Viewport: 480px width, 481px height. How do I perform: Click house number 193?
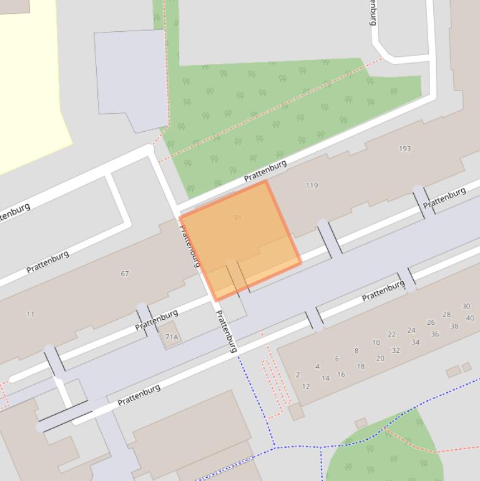[x=404, y=149]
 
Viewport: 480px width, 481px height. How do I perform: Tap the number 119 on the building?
[x=311, y=186]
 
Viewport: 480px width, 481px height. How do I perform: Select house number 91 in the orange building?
[x=237, y=217]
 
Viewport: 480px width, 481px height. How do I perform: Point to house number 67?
[x=125, y=274]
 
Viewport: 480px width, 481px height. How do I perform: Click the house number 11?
[x=31, y=314]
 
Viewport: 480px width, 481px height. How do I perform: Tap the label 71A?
[x=172, y=337]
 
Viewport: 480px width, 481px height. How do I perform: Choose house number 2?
[x=298, y=375]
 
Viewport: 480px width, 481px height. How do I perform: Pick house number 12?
[x=306, y=386]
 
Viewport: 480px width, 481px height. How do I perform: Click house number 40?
[x=470, y=318]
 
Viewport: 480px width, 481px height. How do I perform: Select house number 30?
[x=466, y=306]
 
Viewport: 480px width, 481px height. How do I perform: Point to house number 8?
[x=356, y=351]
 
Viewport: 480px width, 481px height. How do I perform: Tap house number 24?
[x=411, y=330]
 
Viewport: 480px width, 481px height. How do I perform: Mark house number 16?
[x=341, y=375]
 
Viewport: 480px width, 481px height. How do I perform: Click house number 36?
[x=434, y=334]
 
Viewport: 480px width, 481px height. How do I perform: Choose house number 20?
[x=380, y=359]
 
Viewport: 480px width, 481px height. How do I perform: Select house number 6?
[x=336, y=359]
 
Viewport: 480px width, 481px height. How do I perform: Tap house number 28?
[x=446, y=314]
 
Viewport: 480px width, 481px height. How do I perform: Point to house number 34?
[x=415, y=342]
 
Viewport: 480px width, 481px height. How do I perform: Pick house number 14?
[x=325, y=379]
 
